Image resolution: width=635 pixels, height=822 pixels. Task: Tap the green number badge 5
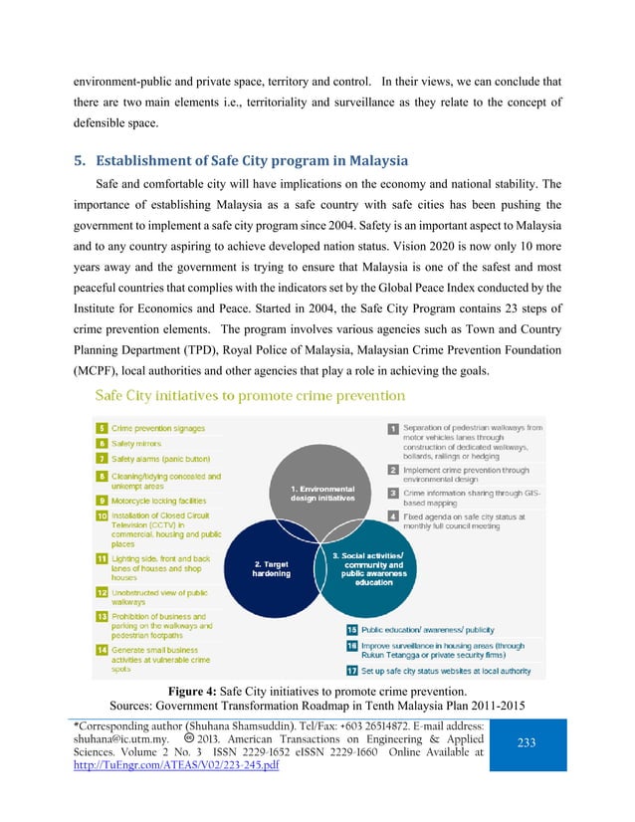102,427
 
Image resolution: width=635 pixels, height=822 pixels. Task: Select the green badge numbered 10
102,516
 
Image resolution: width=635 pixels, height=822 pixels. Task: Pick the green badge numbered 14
102,648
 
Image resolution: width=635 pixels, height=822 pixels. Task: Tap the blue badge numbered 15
352,630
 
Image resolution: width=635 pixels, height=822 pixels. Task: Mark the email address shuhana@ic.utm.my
131,766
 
